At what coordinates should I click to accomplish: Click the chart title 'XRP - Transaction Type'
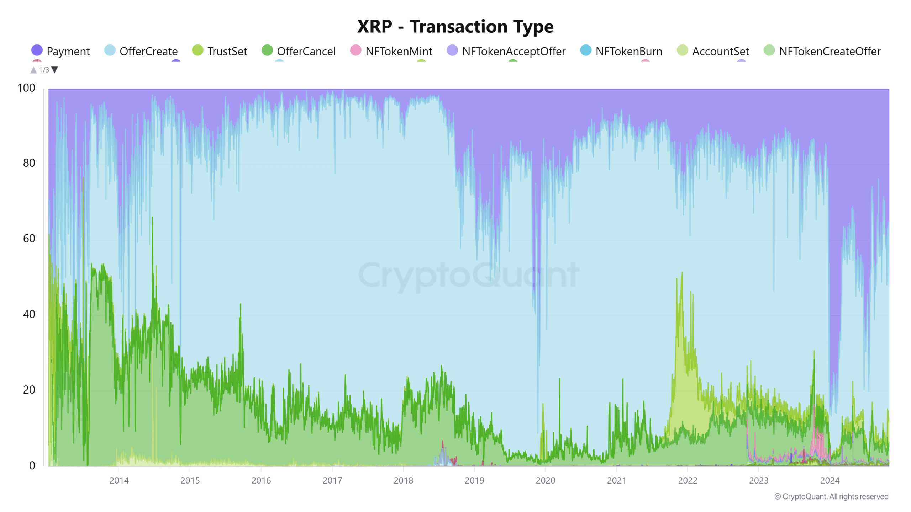455,27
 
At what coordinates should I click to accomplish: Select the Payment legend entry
61,51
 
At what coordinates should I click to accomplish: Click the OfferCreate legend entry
141,51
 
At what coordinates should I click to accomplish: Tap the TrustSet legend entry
220,51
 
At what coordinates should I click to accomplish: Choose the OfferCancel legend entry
299,51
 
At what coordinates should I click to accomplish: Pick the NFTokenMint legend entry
391,51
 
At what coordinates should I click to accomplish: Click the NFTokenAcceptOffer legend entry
506,51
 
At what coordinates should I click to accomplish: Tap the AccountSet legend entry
713,51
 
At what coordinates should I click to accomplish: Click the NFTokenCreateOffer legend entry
822,51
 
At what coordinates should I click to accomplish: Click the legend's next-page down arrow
55,70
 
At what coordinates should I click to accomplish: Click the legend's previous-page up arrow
33,70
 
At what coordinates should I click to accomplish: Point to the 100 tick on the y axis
26,88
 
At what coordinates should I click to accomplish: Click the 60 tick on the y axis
29,239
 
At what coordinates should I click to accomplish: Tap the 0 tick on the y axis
32,465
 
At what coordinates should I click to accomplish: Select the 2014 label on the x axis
119,481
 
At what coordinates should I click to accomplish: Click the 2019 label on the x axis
474,481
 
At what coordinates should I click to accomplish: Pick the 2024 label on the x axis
830,481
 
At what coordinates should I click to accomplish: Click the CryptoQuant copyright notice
831,497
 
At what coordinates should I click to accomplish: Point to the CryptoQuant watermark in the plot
468,275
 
